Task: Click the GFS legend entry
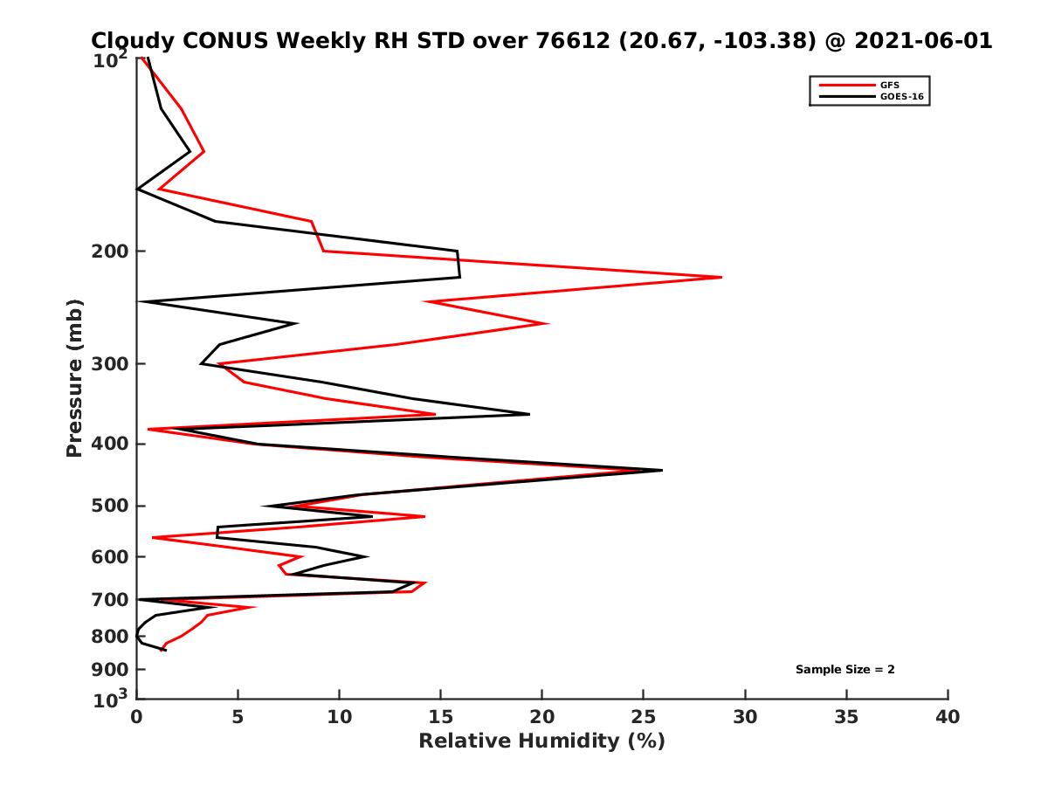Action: click(x=890, y=85)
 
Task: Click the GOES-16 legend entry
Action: click(x=900, y=97)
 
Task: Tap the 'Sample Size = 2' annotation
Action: click(x=845, y=670)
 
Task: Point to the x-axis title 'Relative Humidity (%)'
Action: click(x=541, y=741)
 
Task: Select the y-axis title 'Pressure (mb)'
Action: click(x=74, y=377)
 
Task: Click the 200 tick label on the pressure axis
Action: click(x=108, y=252)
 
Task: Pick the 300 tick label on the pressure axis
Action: click(x=108, y=364)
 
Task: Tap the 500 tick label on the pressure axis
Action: click(x=108, y=507)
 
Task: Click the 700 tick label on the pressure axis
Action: click(x=108, y=600)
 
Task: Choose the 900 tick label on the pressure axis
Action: click(x=108, y=670)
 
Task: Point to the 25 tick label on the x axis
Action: click(x=644, y=717)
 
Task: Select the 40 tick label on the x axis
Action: click(x=948, y=717)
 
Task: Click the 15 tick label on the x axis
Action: click(x=440, y=717)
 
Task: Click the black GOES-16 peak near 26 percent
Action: click(x=662, y=470)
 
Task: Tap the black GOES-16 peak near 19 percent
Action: click(x=529, y=414)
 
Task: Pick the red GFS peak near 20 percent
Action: click(x=548, y=323)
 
